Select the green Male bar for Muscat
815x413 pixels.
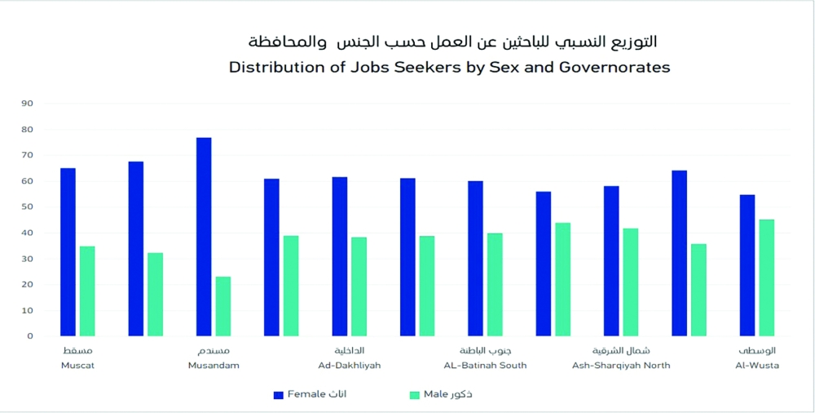pyautogui.click(x=87, y=291)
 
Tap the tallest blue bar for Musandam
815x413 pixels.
pyautogui.click(x=204, y=237)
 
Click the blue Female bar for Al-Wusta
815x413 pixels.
pyautogui.click(x=747, y=265)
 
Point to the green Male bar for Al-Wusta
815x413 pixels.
pyautogui.click(x=767, y=278)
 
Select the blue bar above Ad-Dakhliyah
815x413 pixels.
pyautogui.click(x=340, y=256)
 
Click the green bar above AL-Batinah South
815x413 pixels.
pyautogui.click(x=495, y=285)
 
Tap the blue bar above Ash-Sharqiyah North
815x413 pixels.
pyautogui.click(x=611, y=261)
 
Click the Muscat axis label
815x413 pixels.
pyautogui.click(x=77, y=366)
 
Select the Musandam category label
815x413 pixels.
pyautogui.click(x=214, y=366)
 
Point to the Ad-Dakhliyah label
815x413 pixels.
pyautogui.click(x=350, y=366)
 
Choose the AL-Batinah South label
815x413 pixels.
pyautogui.click(x=485, y=366)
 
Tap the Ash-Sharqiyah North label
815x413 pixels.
pyautogui.click(x=621, y=366)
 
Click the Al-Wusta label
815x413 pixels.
pyautogui.click(x=757, y=366)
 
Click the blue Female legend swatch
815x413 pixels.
pyautogui.click(x=279, y=395)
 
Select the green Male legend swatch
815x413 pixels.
pyautogui.click(x=414, y=395)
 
